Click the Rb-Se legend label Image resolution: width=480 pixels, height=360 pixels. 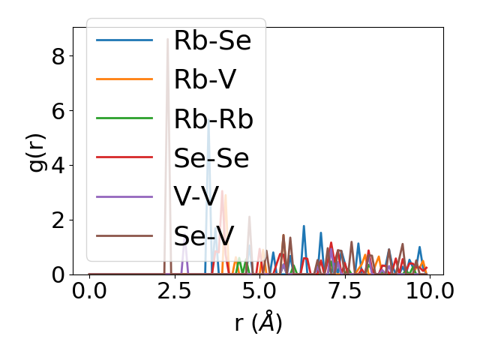click(212, 41)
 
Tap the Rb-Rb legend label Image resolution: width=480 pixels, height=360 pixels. click(213, 119)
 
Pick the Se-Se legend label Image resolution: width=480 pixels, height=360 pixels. click(211, 158)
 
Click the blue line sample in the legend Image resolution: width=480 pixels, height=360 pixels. click(124, 41)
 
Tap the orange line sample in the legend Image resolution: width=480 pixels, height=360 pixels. click(124, 80)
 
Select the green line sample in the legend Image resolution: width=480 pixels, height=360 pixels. click(124, 119)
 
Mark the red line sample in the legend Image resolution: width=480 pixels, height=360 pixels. click(124, 158)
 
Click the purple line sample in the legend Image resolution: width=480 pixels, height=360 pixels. click(124, 197)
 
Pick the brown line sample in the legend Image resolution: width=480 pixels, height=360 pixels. click(124, 236)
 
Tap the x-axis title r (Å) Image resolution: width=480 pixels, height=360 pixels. click(259, 322)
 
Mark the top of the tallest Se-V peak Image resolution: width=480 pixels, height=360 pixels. click(167, 39)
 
